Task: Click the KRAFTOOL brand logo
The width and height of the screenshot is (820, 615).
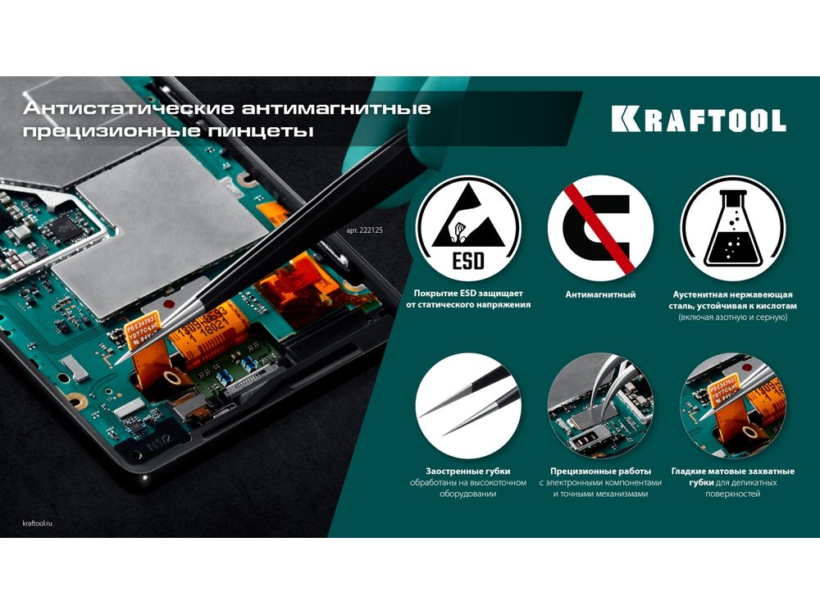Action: [x=699, y=120]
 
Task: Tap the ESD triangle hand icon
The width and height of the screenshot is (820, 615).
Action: [x=468, y=228]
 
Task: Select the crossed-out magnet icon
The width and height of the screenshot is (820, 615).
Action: [x=600, y=228]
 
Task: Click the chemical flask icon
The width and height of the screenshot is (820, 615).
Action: [x=732, y=228]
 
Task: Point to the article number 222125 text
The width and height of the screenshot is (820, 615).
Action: [x=365, y=230]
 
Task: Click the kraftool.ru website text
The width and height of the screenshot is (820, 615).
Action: [x=38, y=523]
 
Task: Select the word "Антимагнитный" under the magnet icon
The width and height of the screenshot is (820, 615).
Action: [x=600, y=294]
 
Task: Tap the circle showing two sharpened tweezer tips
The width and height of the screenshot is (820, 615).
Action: [x=468, y=405]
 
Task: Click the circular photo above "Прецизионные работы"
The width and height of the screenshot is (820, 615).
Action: [x=600, y=405]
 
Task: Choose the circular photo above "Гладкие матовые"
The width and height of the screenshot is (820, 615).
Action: [x=732, y=405]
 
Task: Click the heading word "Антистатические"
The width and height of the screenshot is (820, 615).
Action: [x=129, y=108]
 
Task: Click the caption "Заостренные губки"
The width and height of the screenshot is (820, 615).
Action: [x=468, y=471]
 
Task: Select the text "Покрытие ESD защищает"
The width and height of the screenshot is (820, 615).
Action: [x=468, y=294]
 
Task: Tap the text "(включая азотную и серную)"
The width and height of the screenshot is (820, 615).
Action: [x=732, y=317]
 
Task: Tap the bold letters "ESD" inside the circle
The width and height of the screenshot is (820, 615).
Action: [x=468, y=261]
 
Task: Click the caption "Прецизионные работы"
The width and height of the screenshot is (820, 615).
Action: [x=600, y=471]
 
